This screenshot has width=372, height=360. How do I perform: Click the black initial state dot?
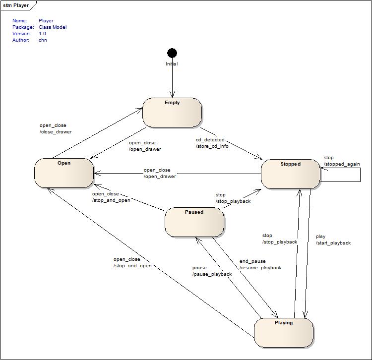click(172, 53)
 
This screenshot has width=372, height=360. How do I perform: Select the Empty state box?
click(172, 113)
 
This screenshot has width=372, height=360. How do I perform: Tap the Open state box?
click(64, 173)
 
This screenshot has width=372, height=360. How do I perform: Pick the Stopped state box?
click(291, 174)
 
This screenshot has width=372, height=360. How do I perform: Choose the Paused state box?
click(194, 222)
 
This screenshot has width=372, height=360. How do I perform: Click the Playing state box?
click(284, 333)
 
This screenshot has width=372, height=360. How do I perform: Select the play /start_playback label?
click(333, 240)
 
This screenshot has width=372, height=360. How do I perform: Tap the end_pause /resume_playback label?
click(260, 264)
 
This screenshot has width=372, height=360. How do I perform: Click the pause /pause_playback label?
click(212, 271)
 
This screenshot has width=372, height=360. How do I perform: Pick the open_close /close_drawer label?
click(56, 128)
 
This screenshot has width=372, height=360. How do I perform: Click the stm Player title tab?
click(16, 6)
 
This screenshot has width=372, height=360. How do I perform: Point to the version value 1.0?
click(42, 34)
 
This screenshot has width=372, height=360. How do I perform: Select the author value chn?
click(43, 40)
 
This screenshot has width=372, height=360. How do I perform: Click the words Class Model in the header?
click(52, 27)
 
